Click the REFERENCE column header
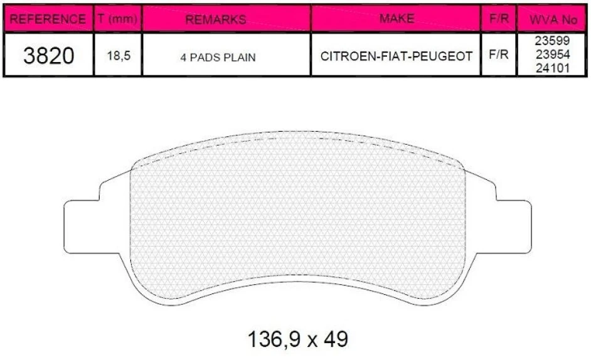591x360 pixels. pyautogui.click(x=48, y=19)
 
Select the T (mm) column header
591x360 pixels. pyautogui.click(x=117, y=19)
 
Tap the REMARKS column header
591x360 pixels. pyautogui.click(x=216, y=19)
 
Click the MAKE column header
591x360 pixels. pyautogui.click(x=397, y=19)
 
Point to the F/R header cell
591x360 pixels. pyautogui.click(x=498, y=19)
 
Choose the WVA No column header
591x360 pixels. pyautogui.click(x=553, y=20)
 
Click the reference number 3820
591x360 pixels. pyautogui.click(x=48, y=56)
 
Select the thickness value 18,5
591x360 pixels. pyautogui.click(x=117, y=56)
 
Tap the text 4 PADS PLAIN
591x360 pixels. pyautogui.click(x=218, y=56)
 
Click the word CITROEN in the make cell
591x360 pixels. pyautogui.click(x=346, y=56)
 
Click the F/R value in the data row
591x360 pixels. pyautogui.click(x=498, y=55)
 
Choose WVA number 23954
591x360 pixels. pyautogui.click(x=553, y=55)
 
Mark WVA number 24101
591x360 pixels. pyautogui.click(x=553, y=68)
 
